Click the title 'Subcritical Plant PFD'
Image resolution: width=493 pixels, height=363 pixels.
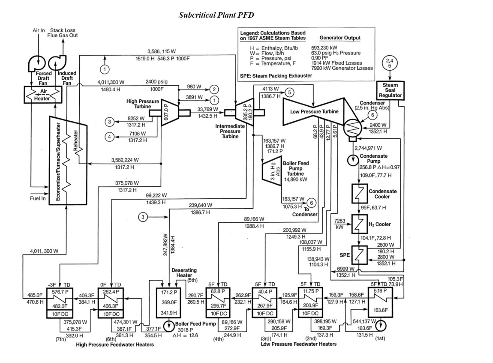pyautogui.click(x=216, y=15)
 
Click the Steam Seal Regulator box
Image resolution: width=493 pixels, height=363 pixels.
pyautogui.click(x=390, y=90)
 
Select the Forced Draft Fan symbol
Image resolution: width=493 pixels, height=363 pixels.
pyautogui.click(x=37, y=63)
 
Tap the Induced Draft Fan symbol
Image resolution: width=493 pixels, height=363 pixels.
pyautogui.click(x=58, y=63)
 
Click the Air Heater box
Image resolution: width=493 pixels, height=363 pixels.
pyautogui.click(x=43, y=95)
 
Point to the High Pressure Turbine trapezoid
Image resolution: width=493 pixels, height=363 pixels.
pyautogui.click(x=169, y=112)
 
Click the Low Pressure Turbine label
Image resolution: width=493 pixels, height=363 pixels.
pyautogui.click(x=314, y=111)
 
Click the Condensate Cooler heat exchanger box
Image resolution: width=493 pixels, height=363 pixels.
pyautogui.click(x=359, y=193)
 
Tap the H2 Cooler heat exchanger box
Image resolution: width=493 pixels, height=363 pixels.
pyautogui.click(x=359, y=224)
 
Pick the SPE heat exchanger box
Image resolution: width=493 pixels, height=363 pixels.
pyautogui.click(x=359, y=255)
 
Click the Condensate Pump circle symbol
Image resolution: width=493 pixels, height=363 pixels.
pyautogui.click(x=353, y=160)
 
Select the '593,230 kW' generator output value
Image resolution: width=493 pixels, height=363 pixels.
pyautogui.click(x=324, y=48)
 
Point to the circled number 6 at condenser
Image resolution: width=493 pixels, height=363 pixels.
pyautogui.click(x=372, y=115)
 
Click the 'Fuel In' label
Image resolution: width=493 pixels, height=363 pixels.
pyautogui.click(x=38, y=198)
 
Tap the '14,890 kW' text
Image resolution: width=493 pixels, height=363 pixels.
pyautogui.click(x=296, y=179)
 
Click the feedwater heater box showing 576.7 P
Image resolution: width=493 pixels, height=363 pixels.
pyautogui.click(x=60, y=303)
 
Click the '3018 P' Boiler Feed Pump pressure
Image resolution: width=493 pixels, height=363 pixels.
pyautogui.click(x=185, y=330)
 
